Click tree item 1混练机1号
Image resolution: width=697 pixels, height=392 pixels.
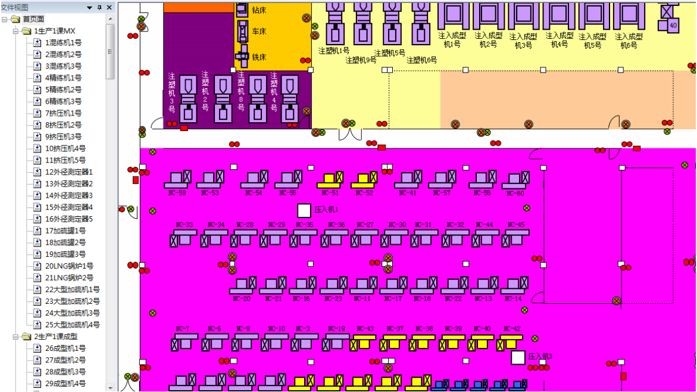point(63,43)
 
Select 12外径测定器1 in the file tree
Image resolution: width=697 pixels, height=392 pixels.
point(69,172)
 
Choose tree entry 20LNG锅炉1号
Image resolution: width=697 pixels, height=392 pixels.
point(69,266)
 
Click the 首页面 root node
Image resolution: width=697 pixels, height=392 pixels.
point(33,19)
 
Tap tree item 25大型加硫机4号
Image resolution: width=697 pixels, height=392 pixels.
point(73,325)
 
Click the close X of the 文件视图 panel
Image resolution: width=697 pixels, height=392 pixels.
point(108,7)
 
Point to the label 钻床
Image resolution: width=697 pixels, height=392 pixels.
point(259,10)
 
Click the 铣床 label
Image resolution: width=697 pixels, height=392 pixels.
point(259,57)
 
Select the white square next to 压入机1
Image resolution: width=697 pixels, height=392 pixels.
point(304,210)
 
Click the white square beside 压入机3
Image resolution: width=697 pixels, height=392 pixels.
point(518,357)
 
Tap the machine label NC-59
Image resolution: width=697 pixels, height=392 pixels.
point(177,193)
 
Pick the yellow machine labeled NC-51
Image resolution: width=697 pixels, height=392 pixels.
point(330,179)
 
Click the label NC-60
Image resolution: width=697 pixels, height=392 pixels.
point(515,193)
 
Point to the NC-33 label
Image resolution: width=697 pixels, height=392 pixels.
point(185,225)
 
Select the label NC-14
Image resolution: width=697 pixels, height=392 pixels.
point(513,298)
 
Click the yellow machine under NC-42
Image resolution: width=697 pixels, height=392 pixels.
point(511,343)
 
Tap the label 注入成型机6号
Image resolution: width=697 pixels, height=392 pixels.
point(629,41)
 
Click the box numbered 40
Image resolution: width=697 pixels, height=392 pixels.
point(673,26)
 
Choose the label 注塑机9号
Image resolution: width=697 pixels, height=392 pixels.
point(361,60)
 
